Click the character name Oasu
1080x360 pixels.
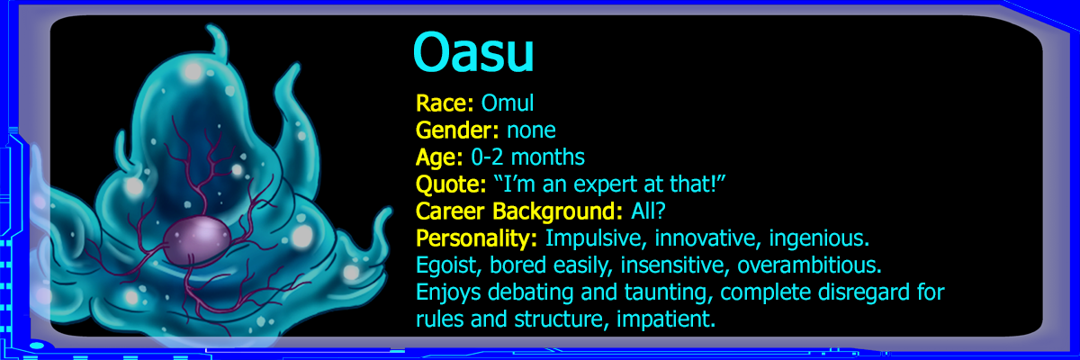473,52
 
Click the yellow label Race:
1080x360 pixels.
445,103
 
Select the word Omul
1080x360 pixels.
508,103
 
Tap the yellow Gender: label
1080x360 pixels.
457,130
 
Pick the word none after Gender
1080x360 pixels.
531,131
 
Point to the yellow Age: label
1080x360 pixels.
439,157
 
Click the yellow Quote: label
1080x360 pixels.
451,184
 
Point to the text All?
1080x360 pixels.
648,211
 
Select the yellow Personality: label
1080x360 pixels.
476,238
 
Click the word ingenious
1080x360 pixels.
819,238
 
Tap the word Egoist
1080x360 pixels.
449,265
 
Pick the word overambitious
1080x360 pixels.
809,265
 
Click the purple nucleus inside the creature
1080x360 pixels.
197,240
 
